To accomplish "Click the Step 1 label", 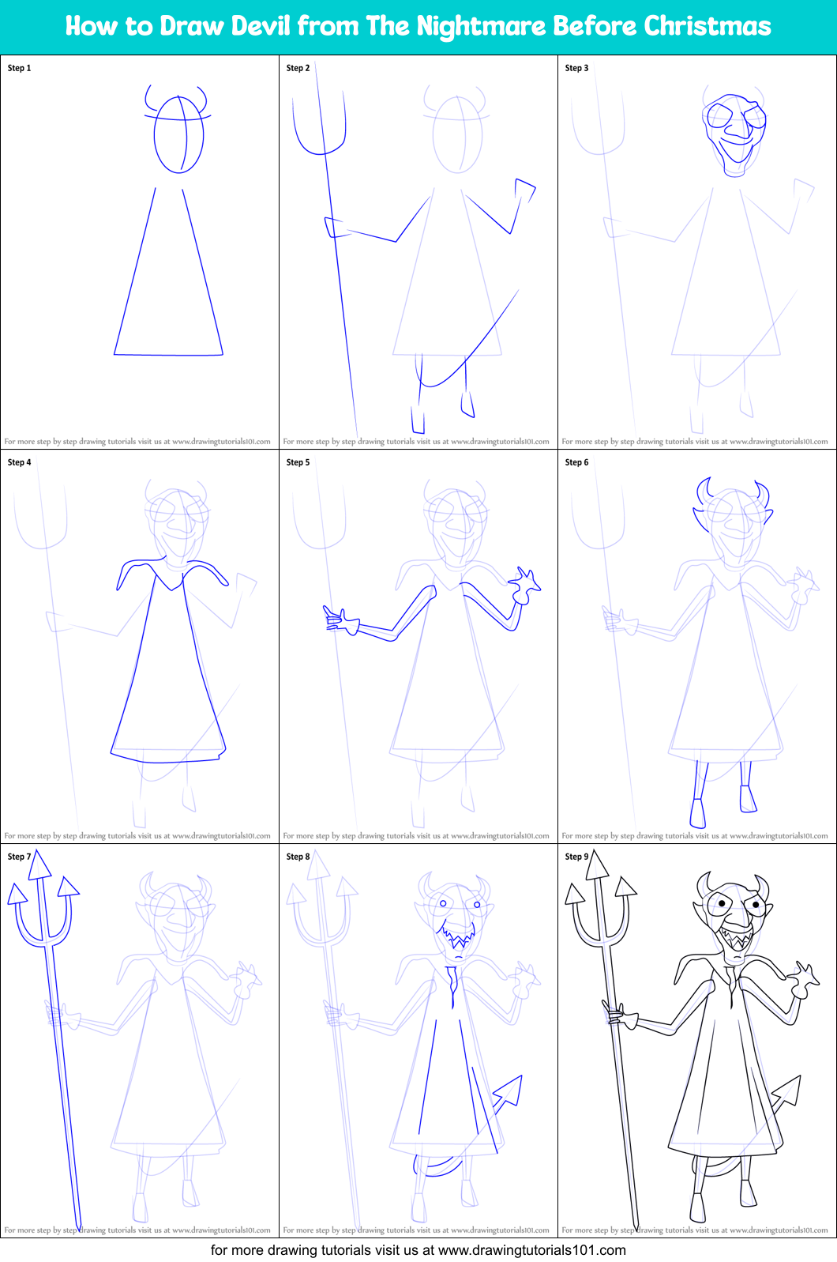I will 20,68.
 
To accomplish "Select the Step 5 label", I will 298,462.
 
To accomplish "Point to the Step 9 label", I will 577,857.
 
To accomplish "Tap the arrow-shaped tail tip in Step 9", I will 787,1091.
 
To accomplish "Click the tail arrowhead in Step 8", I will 509,1091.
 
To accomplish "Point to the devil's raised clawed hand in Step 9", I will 805,980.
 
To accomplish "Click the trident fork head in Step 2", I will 318,122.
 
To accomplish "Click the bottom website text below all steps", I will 418,1250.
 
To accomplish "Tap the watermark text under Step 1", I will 137,442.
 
